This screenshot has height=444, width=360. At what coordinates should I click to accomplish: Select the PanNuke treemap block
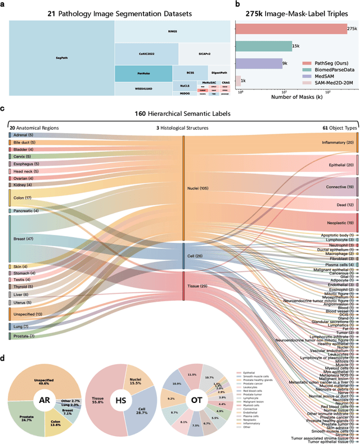143,73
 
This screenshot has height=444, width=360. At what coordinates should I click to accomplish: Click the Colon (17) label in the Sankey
22,197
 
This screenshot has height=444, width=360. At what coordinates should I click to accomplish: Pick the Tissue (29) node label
197,286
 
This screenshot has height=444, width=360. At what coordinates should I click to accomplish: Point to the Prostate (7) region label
24,336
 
